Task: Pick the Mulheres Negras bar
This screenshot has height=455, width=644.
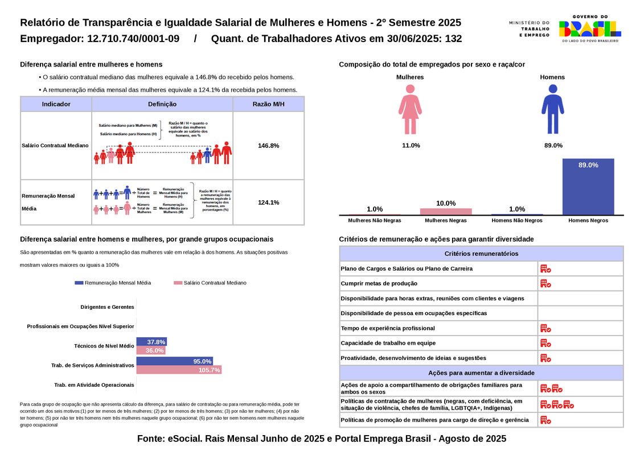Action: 446,212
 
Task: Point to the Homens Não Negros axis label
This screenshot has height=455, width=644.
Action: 517,220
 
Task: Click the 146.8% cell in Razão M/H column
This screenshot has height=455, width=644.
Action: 268,146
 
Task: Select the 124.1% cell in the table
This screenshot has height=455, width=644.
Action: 268,202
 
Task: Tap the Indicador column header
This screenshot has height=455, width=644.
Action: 56,104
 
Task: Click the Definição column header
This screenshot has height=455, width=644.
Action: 162,104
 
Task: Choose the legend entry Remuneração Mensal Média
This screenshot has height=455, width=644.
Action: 113,283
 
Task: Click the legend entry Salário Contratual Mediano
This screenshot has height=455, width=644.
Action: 210,283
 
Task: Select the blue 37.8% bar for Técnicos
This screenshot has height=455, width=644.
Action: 151,342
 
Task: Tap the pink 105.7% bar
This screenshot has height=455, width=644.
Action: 179,370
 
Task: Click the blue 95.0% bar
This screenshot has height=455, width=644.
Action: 175,361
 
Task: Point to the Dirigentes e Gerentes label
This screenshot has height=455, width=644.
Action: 107,307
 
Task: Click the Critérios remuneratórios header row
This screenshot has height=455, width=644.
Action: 481,254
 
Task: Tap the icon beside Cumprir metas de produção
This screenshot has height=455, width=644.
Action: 545,283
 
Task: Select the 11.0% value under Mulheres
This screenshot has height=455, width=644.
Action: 411,146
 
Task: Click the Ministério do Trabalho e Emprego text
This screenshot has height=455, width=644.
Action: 530,29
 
